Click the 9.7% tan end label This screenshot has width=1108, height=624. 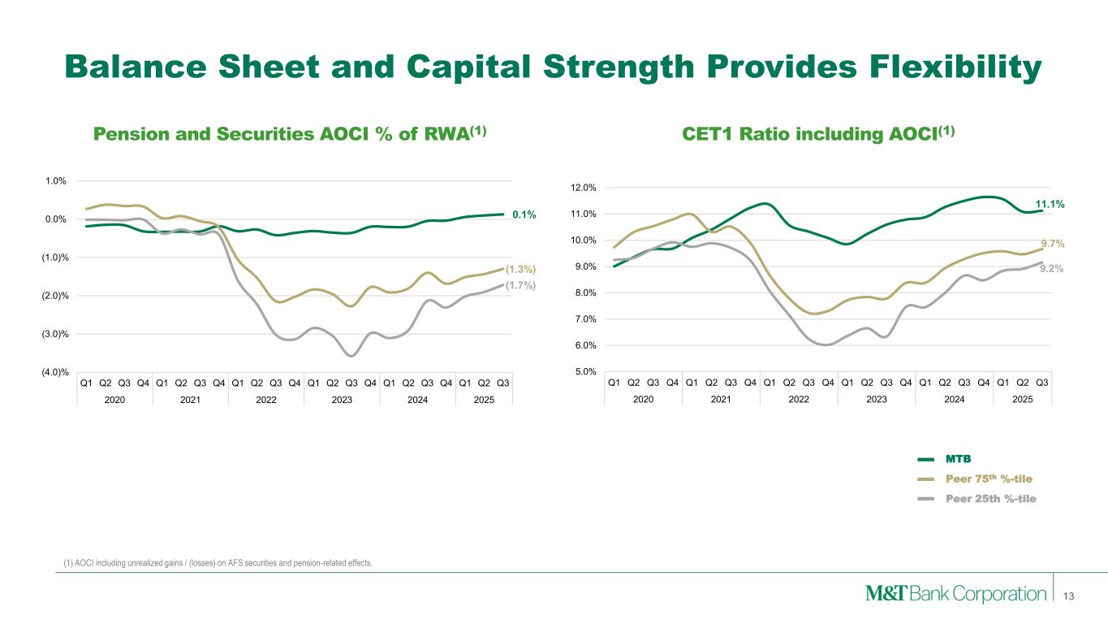point(1052,243)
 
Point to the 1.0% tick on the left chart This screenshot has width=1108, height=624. point(56,181)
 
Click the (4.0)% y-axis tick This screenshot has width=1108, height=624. point(54,372)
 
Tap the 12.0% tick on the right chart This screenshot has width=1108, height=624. point(585,188)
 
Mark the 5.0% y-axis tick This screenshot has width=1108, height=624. point(588,372)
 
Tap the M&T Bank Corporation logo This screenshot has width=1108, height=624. point(955,594)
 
